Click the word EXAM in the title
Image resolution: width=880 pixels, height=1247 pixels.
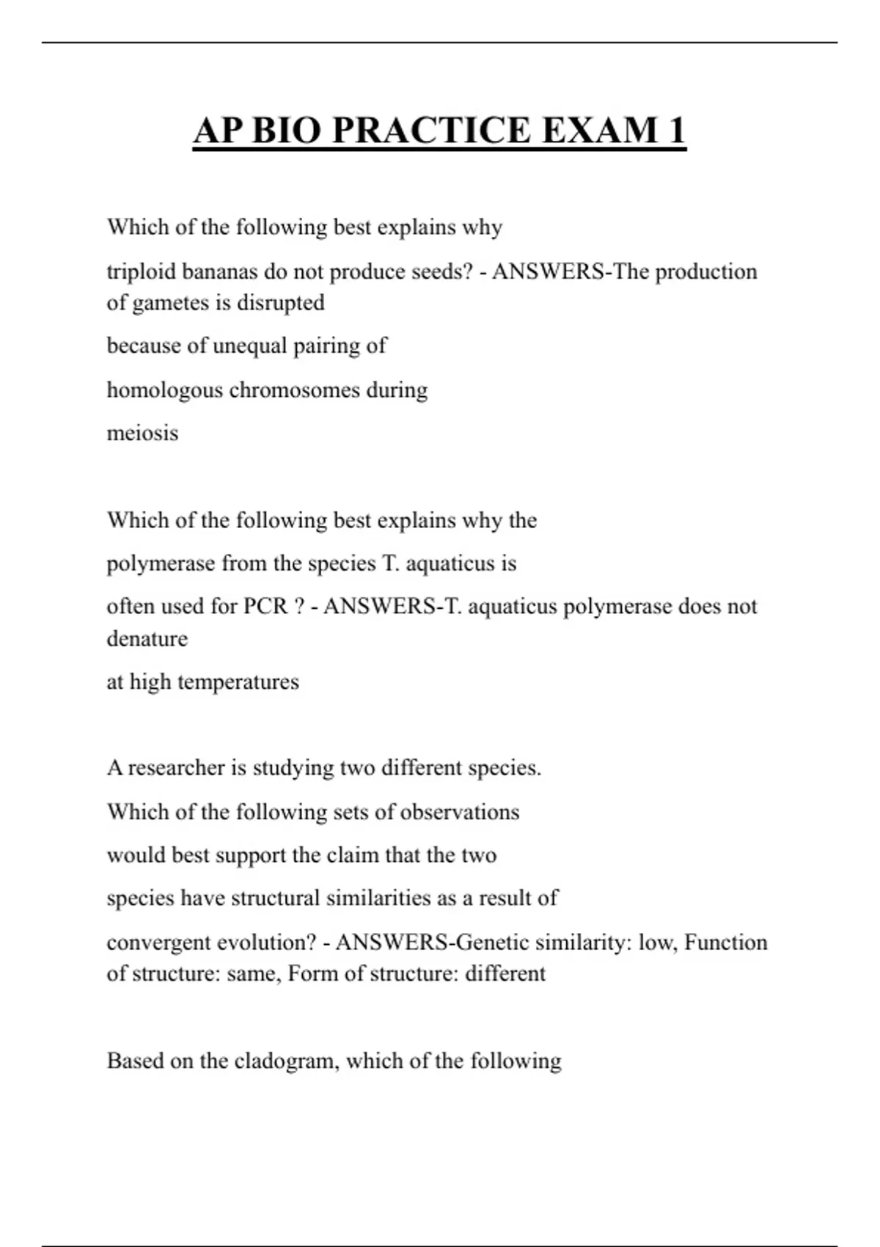point(599,131)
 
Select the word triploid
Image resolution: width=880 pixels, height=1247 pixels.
point(141,272)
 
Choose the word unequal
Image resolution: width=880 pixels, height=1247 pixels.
point(249,346)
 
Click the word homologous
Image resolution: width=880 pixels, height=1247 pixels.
point(164,390)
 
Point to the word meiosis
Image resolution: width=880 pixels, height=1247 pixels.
point(142,433)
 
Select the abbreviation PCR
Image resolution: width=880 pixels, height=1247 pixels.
point(265,607)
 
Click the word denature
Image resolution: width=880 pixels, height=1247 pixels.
point(147,639)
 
